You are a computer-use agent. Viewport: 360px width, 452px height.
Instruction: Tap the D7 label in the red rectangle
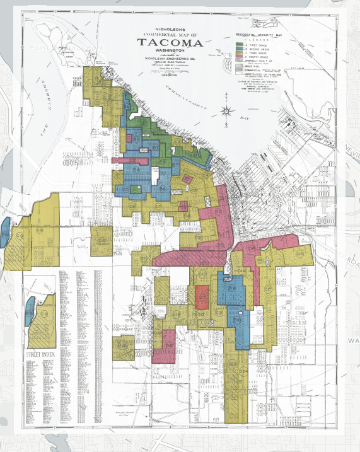(202, 296)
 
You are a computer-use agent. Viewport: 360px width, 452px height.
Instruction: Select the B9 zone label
(232, 289)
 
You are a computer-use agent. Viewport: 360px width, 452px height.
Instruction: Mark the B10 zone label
(238, 320)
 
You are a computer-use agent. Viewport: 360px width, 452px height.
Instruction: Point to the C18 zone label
(299, 253)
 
